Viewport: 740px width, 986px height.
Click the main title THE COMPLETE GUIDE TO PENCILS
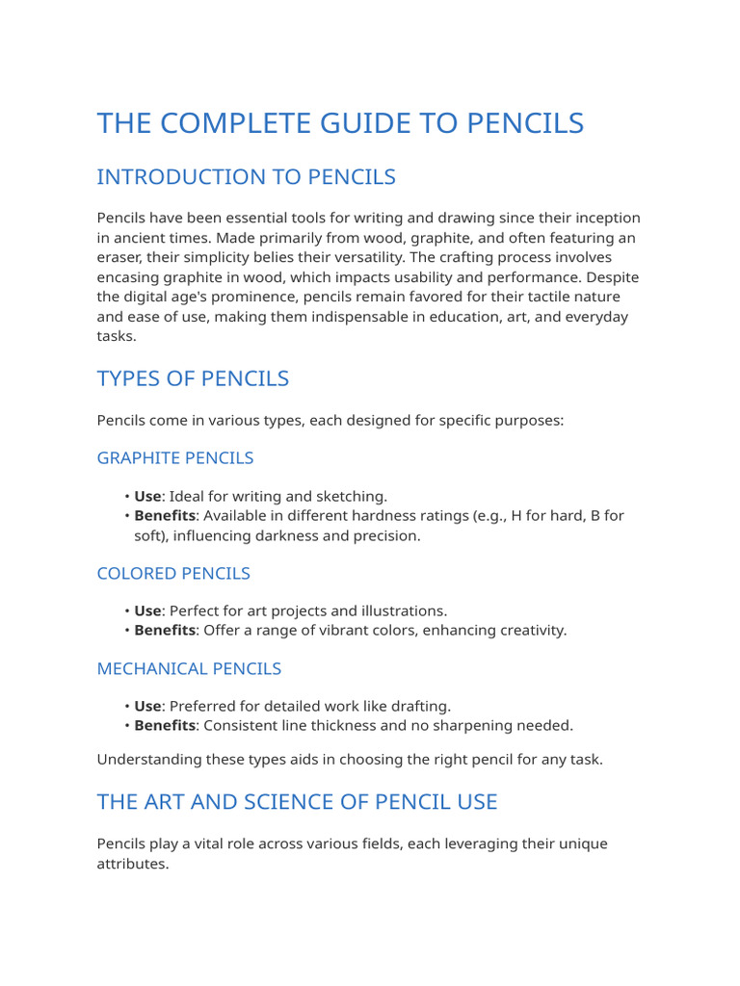(340, 123)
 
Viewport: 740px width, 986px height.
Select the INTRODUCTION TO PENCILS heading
(246, 177)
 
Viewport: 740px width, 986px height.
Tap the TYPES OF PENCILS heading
(193, 378)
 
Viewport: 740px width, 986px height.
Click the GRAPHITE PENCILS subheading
(175, 457)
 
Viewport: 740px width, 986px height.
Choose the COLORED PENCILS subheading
(173, 573)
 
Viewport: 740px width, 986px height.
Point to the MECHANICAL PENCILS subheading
(189, 668)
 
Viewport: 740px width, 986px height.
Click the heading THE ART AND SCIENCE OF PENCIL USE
(297, 801)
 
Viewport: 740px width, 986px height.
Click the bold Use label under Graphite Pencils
(147, 497)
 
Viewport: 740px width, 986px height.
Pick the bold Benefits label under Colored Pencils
(165, 631)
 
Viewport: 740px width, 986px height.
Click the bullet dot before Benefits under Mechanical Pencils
(126, 726)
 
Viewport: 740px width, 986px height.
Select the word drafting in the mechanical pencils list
(419, 707)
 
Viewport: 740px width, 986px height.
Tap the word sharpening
(477, 726)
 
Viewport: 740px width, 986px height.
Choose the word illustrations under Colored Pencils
(401, 611)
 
